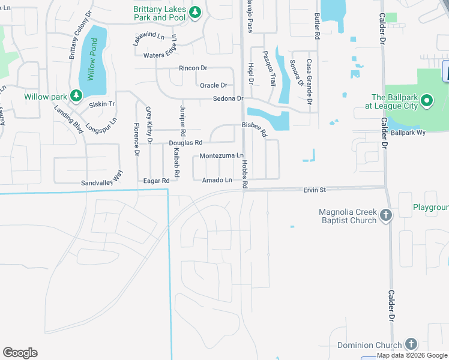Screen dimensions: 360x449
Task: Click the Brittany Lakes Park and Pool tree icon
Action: click(194, 13)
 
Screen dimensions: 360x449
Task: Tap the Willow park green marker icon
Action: click(76, 95)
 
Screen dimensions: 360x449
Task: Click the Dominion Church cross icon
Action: click(411, 344)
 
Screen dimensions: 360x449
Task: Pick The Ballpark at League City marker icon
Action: click(427, 100)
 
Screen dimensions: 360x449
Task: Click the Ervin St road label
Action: click(314, 190)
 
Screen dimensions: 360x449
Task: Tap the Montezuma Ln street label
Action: click(222, 155)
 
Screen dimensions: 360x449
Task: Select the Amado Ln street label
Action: click(217, 180)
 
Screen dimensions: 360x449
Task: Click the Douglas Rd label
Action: click(185, 143)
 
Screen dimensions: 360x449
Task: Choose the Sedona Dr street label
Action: click(228, 98)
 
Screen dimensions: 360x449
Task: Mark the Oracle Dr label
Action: click(213, 85)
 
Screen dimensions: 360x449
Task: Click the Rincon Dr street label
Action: click(193, 68)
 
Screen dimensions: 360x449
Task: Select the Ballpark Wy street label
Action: click(408, 132)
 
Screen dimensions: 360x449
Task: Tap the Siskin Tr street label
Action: click(101, 104)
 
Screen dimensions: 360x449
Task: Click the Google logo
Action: click(20, 352)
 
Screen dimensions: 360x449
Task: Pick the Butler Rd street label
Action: click(317, 27)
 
